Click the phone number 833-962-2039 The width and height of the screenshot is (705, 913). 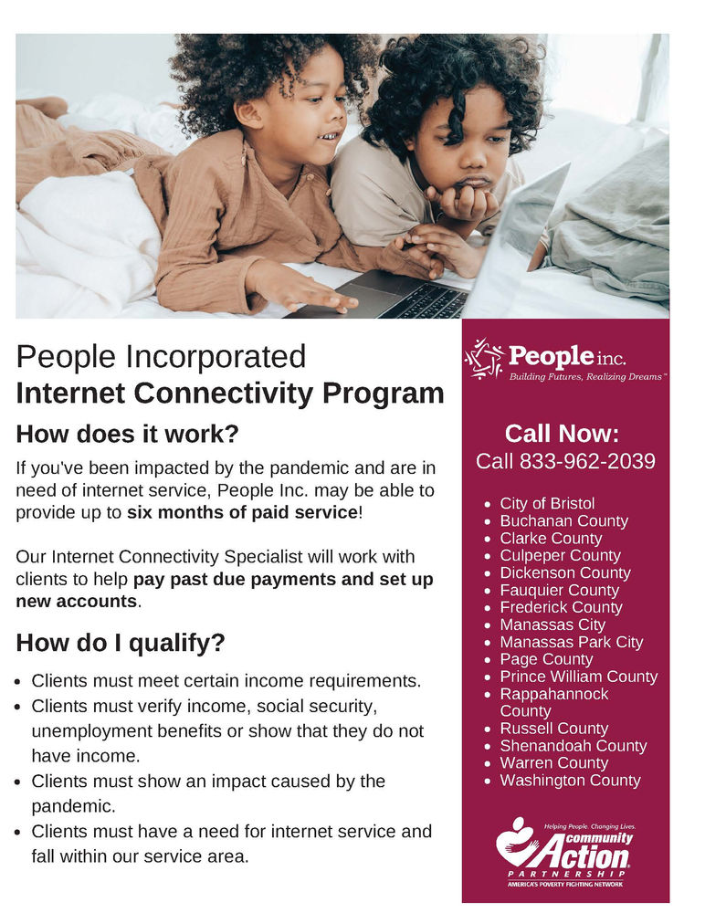587,462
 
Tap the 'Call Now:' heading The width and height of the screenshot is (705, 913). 563,433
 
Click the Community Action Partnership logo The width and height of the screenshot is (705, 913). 564,853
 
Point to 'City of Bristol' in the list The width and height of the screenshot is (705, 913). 547,504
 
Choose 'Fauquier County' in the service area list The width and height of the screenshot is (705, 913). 559,591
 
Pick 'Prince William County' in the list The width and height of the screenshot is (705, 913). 578,677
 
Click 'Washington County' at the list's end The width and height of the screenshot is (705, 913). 570,781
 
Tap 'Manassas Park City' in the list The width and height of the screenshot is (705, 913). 571,642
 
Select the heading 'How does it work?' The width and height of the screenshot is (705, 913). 128,433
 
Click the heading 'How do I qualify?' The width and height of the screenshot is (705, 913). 121,643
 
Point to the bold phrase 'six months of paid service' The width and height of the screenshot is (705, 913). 242,512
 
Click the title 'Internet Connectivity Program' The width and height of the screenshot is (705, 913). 230,394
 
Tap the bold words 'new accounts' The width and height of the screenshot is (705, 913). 76,602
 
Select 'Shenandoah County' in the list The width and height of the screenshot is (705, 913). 573,746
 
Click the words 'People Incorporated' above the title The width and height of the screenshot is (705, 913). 161,356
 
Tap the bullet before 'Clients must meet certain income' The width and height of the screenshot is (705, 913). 21,682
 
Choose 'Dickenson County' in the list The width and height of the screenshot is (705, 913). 564,573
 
